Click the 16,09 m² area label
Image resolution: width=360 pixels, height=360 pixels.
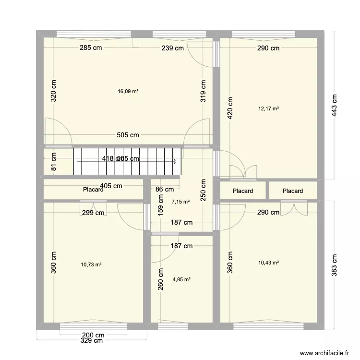tap(128, 91)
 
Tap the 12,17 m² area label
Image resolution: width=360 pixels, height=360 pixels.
tap(269, 109)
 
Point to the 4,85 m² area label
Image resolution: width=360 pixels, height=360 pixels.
tap(181, 279)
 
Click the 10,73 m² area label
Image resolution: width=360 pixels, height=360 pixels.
tap(91, 264)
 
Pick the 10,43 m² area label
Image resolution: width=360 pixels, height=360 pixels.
tap(269, 263)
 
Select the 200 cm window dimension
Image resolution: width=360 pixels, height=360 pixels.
tap(93, 335)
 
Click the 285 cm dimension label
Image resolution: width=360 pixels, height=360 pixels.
tap(91, 48)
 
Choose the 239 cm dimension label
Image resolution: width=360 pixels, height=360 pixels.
tap(173, 48)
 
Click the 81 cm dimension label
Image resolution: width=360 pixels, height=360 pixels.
tap(54, 162)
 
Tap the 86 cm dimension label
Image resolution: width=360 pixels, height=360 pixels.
tap(165, 190)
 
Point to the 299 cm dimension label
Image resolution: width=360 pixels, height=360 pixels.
tap(93, 213)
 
